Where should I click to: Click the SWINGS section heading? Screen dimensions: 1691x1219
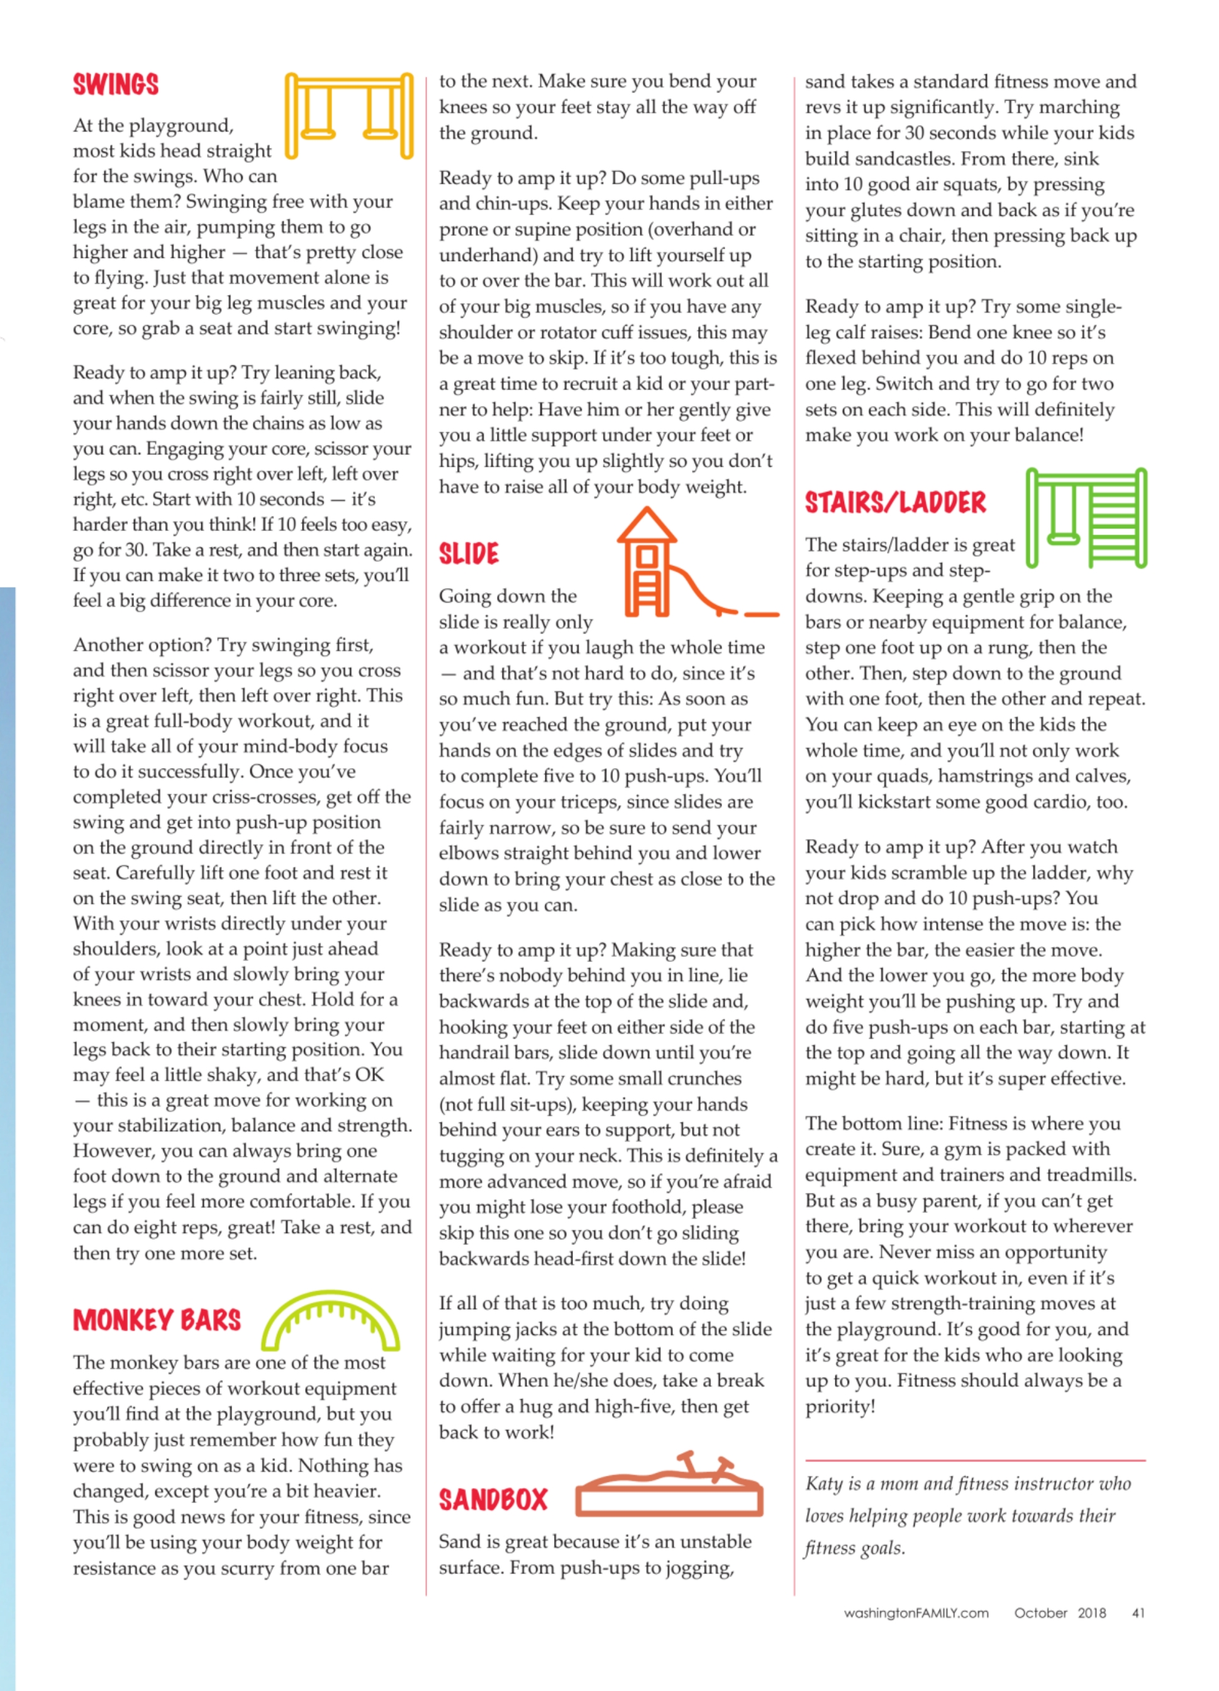click(116, 85)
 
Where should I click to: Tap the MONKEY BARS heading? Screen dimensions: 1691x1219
click(157, 1320)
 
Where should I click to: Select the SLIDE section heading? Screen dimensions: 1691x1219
click(468, 554)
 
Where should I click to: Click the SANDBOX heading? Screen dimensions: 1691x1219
click(493, 1499)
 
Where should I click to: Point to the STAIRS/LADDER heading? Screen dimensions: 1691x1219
click(894, 503)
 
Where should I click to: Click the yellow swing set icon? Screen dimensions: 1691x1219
click(349, 115)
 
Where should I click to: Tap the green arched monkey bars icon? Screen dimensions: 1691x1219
click(331, 1323)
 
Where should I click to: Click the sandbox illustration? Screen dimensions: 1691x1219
click(669, 1485)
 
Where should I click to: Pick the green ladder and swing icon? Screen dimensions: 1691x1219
click(1086, 518)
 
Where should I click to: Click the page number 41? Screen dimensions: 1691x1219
click(1138, 1613)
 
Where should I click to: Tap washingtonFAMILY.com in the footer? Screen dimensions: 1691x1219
click(916, 1613)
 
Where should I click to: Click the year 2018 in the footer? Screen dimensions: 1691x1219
click(1091, 1613)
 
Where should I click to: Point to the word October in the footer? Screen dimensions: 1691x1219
click(1040, 1613)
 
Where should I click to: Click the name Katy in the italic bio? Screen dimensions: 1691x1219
click(823, 1484)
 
